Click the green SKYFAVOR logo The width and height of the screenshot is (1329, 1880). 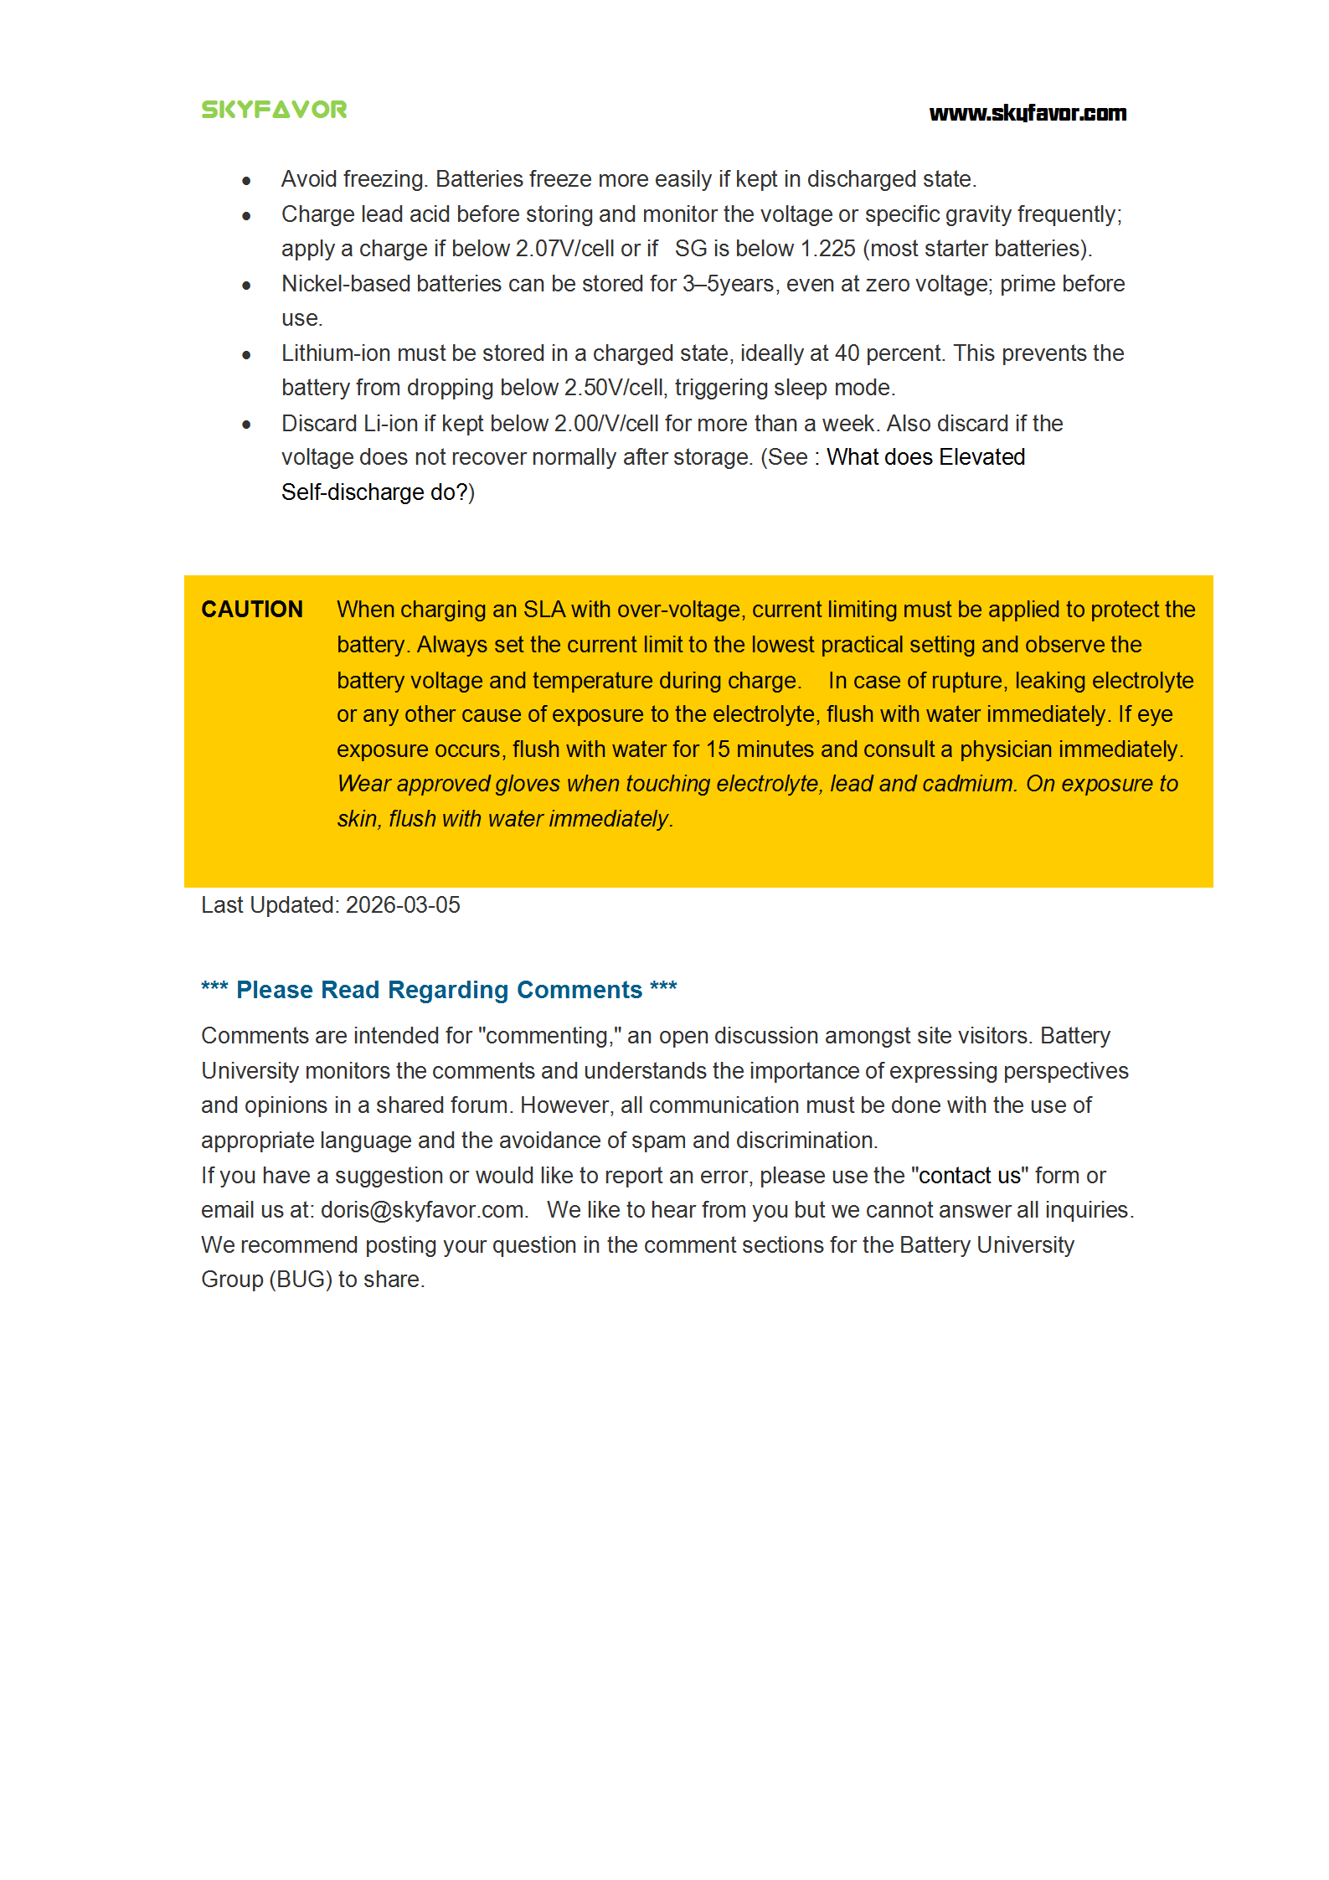tap(274, 110)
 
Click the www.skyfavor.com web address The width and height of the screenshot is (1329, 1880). tap(1028, 113)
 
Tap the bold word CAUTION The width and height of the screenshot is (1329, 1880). tap(251, 609)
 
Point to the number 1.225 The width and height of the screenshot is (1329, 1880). tap(827, 249)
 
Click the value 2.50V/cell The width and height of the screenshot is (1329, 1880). tap(613, 388)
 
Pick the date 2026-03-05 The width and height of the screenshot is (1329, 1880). tap(403, 905)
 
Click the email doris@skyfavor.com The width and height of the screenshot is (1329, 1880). tap(422, 1210)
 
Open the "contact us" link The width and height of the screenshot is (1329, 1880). tap(969, 1176)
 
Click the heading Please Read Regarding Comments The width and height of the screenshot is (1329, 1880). tap(439, 990)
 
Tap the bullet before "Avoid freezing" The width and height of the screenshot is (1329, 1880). tap(246, 181)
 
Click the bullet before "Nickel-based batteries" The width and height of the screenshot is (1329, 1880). tap(246, 286)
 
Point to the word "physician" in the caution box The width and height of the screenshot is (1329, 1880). tap(1011, 749)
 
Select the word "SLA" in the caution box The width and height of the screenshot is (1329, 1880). tap(544, 610)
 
